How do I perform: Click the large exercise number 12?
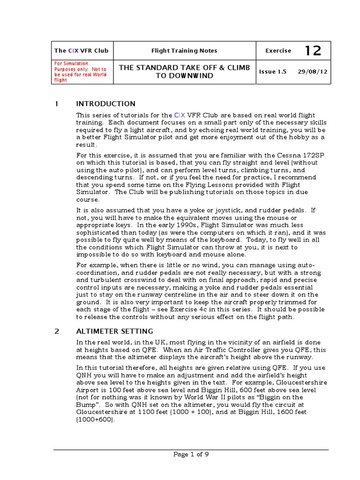point(313,51)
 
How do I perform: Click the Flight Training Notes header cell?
point(184,51)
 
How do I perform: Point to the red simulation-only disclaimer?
point(81,72)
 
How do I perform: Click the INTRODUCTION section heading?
point(106,104)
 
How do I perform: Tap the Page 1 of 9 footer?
point(191,454)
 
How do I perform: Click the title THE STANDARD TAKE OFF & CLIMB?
point(184,68)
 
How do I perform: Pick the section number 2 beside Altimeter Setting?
point(57,331)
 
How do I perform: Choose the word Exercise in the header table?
point(278,51)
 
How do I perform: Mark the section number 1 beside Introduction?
point(56,104)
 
